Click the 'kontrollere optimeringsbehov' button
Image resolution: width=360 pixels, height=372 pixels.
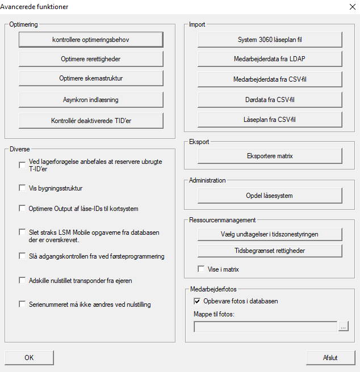point(91,39)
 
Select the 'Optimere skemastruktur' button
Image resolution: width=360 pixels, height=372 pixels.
point(91,78)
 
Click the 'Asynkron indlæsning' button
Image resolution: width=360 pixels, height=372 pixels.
point(91,100)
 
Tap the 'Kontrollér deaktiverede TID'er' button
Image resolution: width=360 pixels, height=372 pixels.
point(91,120)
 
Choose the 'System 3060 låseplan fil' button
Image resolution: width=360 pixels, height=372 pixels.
point(270,40)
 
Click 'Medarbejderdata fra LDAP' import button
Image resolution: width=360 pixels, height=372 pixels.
point(270,59)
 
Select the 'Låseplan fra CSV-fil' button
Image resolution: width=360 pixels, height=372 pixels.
point(270,120)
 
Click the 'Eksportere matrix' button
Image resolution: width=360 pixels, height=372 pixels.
point(270,155)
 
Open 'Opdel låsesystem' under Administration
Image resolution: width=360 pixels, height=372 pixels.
point(270,196)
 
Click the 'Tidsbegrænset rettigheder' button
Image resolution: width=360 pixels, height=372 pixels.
point(270,250)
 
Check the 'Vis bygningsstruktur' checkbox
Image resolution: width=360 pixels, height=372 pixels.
point(23,188)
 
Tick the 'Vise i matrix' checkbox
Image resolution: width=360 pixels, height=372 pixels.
point(201,269)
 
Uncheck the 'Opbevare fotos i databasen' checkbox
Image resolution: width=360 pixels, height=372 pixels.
point(198,301)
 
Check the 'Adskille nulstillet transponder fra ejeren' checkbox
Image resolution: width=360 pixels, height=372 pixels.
point(23,280)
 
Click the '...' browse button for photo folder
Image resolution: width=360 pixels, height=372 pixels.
point(343,327)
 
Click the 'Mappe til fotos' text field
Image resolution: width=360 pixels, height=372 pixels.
point(265,327)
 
